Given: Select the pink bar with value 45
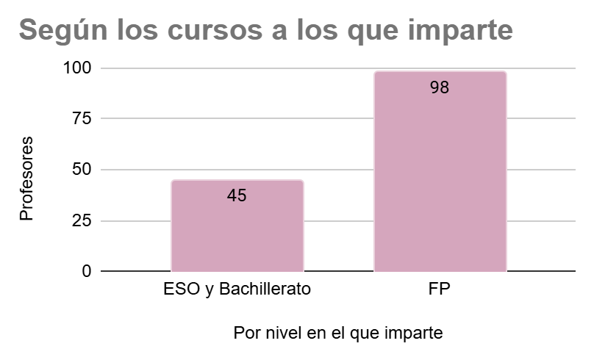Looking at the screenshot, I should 237,235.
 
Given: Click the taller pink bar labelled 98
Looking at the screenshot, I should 440,184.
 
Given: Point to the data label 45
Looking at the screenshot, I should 237,195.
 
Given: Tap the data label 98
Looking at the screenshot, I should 440,87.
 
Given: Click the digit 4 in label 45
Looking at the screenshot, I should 232,195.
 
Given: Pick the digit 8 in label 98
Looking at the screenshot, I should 445,87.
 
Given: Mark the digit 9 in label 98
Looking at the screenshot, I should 434,87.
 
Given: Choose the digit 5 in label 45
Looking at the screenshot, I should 242,195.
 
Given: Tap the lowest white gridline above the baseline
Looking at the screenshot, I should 132,220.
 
